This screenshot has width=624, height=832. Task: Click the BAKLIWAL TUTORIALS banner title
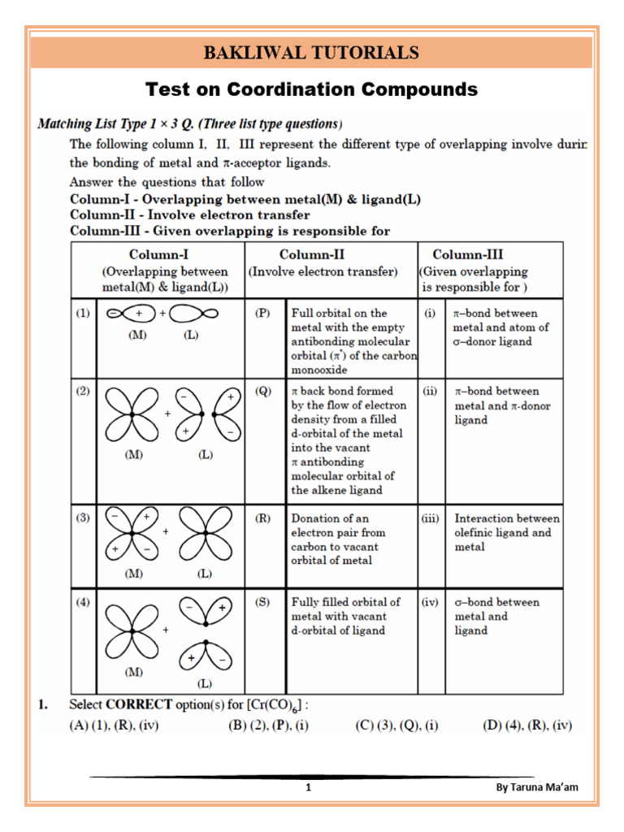(311, 54)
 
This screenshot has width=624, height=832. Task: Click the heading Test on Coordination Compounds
(311, 89)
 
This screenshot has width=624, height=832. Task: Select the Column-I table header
(158, 254)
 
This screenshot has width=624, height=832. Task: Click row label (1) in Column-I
(84, 313)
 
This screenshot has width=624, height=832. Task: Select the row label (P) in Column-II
(262, 313)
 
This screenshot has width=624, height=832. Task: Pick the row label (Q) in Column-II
(262, 391)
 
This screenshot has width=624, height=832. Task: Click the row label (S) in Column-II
(262, 602)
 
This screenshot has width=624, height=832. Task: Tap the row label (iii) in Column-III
(431, 518)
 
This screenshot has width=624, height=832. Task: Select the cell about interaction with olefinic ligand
(506, 533)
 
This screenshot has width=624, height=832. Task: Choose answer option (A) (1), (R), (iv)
(114, 726)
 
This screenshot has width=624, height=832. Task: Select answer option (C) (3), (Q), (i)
(396, 726)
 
